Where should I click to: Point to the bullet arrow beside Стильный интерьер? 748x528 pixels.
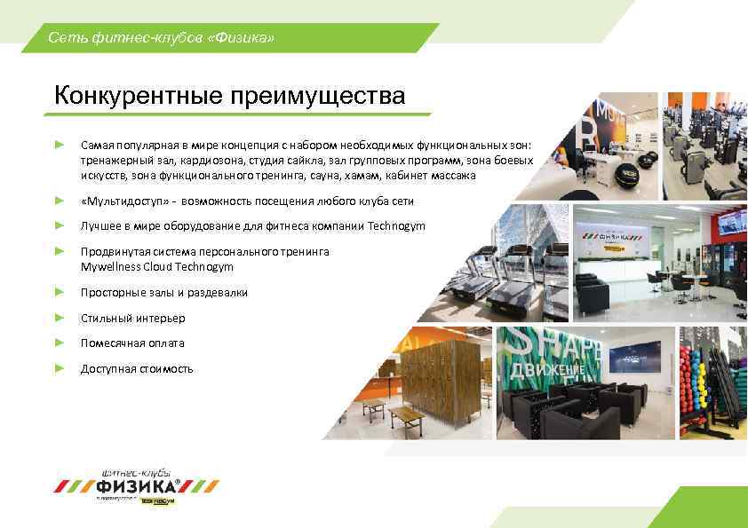click(60, 317)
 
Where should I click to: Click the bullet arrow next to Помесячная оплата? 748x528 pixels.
click(60, 343)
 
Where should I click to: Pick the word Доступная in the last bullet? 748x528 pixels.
click(104, 368)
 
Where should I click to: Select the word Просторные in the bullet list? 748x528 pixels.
click(108, 292)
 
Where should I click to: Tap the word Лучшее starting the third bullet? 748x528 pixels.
click(99, 226)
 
